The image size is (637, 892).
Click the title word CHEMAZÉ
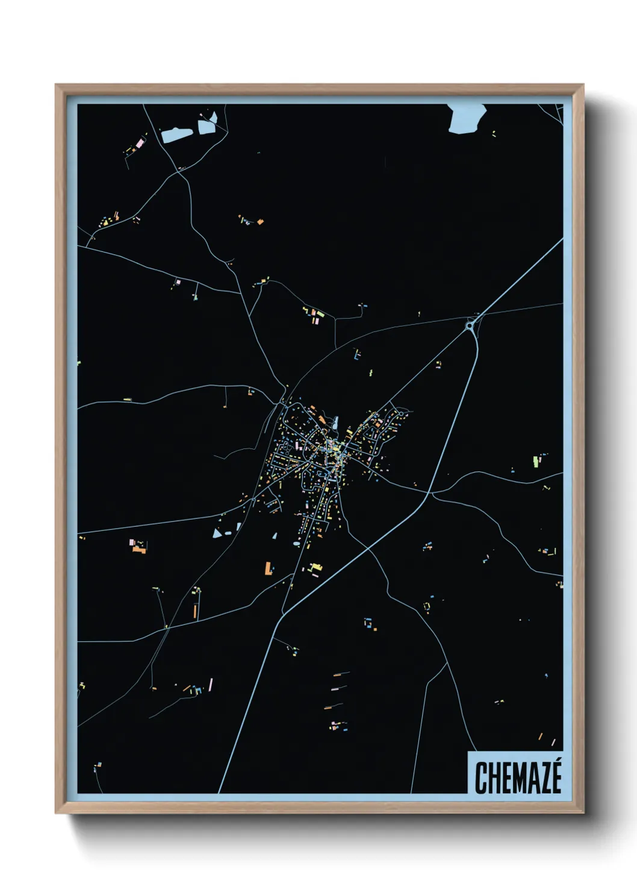[x=518, y=777]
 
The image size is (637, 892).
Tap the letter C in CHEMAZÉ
[x=480, y=778]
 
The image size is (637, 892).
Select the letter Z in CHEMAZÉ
[x=544, y=778]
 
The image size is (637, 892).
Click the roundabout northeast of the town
[x=470, y=325]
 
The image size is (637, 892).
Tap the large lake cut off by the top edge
[x=467, y=118]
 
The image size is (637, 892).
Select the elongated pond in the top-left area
[x=176, y=134]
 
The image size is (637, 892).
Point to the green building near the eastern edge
[x=535, y=462]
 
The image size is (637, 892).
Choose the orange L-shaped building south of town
[x=268, y=568]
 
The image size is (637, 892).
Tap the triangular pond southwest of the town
[x=217, y=533]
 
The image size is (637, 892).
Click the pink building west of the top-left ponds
[x=140, y=143]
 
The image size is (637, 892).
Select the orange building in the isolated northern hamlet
[x=260, y=222]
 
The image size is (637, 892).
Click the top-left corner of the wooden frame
[x=56, y=85]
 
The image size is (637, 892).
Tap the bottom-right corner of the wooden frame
[x=583, y=813]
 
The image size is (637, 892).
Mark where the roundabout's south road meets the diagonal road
[x=430, y=492]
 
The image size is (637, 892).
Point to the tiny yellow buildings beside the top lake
[x=494, y=133]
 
